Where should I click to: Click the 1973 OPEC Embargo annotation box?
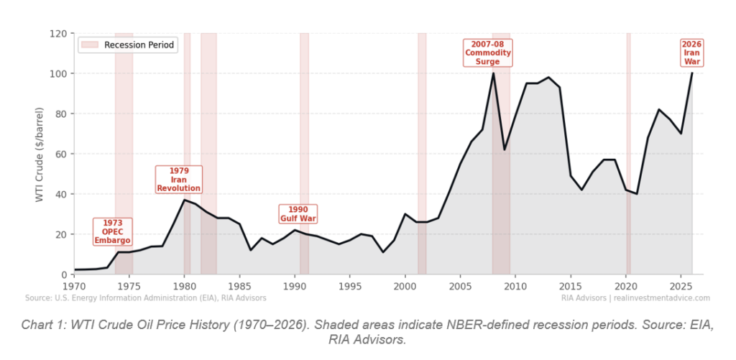113,231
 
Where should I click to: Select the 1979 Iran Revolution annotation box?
179,180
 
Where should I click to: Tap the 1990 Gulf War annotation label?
298,213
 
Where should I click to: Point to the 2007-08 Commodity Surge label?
488,53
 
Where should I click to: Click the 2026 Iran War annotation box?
691,53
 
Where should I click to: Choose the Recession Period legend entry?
127,45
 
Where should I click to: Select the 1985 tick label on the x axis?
239,286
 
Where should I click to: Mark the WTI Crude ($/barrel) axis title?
40,154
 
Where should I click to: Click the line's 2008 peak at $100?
493,73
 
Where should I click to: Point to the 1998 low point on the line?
383,252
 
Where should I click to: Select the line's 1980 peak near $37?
185,200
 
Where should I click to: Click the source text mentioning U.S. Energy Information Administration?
145,297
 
